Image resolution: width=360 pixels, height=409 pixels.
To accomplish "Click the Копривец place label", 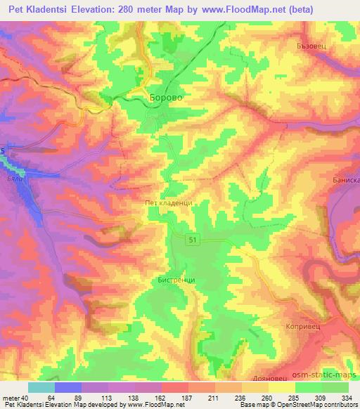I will click(x=303, y=327).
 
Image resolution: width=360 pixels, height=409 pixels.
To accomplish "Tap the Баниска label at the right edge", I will click(x=346, y=179).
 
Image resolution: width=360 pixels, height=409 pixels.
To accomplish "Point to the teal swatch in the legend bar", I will click(x=41, y=387).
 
